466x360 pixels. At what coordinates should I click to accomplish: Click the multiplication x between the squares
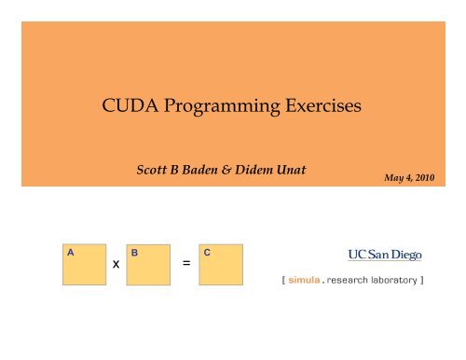pos(115,265)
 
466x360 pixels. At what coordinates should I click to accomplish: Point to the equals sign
pos(186,264)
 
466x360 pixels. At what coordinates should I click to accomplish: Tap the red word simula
pos(308,277)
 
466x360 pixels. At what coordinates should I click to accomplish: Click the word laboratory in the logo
pos(401,277)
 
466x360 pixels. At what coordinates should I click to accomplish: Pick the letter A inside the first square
pos(70,252)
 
